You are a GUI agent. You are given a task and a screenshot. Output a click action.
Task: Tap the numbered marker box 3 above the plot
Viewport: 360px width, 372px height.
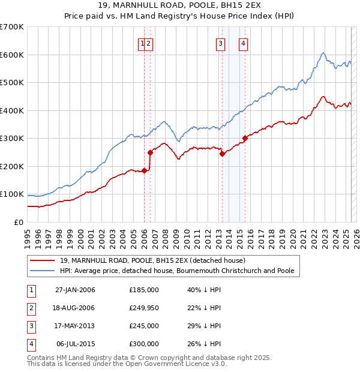220,43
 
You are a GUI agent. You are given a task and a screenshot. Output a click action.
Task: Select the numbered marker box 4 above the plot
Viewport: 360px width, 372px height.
243,43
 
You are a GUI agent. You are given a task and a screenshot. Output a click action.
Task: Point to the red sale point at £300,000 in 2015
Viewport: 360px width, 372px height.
245,138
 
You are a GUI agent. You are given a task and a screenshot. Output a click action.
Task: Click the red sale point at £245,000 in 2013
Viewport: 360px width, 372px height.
222,154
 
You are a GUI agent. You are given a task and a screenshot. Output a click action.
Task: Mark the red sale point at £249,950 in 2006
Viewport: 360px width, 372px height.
150,152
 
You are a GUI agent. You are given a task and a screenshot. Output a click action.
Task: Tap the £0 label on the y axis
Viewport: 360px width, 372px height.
18,223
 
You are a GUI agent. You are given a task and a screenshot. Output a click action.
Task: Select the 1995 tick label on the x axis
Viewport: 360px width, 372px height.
28,236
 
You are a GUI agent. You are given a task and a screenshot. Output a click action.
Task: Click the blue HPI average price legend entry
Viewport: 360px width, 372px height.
177,271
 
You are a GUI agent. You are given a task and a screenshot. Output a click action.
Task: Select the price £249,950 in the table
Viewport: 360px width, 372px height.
144,308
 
